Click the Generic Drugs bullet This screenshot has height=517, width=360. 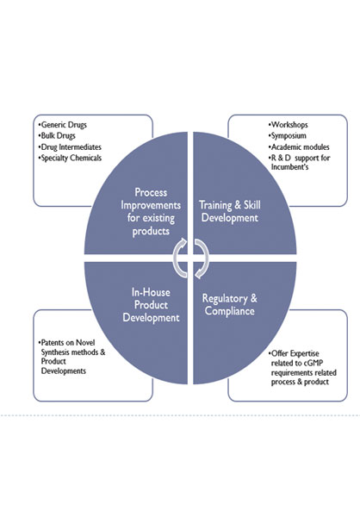[63, 125]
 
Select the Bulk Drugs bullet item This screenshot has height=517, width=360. [57, 136]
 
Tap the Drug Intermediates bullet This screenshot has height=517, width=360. [70, 147]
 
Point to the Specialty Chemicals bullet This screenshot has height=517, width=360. [70, 158]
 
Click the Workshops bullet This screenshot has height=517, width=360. [289, 125]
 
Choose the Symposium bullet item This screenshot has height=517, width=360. [288, 136]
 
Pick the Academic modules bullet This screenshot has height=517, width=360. [299, 147]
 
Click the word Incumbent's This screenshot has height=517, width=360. [289, 167]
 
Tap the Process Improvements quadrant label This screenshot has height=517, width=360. [151, 212]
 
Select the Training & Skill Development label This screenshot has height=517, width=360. [230, 212]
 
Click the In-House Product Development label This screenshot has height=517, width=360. [151, 305]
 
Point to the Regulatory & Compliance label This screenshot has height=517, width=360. [230, 305]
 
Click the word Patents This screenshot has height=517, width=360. [53, 343]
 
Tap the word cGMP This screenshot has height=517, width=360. [313, 364]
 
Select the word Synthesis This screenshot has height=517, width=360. [55, 352]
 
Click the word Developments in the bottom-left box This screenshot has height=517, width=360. [63, 371]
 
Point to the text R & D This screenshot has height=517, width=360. [281, 158]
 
